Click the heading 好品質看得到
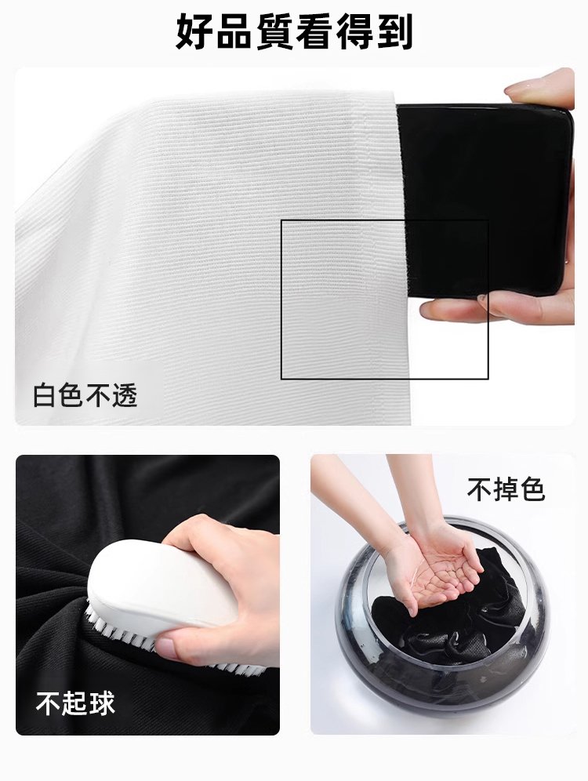pyautogui.click(x=294, y=32)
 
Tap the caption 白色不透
pyautogui.click(x=85, y=397)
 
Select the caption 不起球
pyautogui.click(x=75, y=703)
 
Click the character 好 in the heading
pyautogui.click(x=195, y=32)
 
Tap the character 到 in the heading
pyautogui.click(x=394, y=32)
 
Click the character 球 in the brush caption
pyautogui.click(x=102, y=703)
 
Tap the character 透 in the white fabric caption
pyautogui.click(x=125, y=397)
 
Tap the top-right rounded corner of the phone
pyautogui.click(x=567, y=114)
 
